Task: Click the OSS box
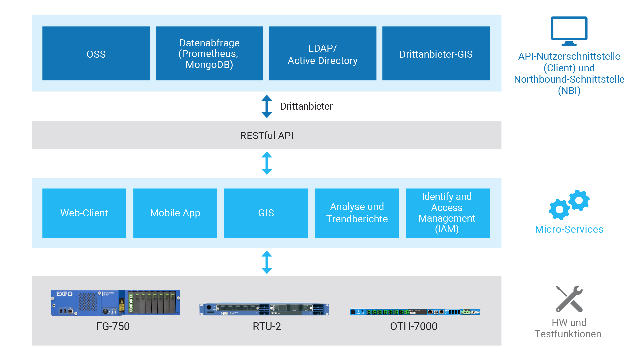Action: click(x=96, y=53)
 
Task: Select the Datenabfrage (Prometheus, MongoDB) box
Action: click(x=209, y=53)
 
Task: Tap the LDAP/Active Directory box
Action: click(x=323, y=53)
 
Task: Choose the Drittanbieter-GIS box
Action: click(x=436, y=53)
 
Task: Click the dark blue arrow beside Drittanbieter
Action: click(x=267, y=106)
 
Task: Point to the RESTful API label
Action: click(x=267, y=135)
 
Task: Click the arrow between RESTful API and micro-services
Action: click(x=267, y=163)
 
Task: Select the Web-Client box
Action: click(x=84, y=213)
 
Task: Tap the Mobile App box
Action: click(x=175, y=213)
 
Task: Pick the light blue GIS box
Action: click(x=266, y=213)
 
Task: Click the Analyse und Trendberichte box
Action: click(x=357, y=213)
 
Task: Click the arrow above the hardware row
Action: click(x=267, y=262)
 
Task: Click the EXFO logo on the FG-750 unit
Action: click(x=64, y=294)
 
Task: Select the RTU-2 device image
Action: click(x=264, y=309)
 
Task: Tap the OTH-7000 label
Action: click(x=413, y=326)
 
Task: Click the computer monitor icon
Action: click(x=569, y=31)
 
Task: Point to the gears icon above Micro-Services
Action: click(x=569, y=205)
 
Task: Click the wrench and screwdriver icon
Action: click(x=569, y=299)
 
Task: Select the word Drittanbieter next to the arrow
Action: click(x=306, y=106)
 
